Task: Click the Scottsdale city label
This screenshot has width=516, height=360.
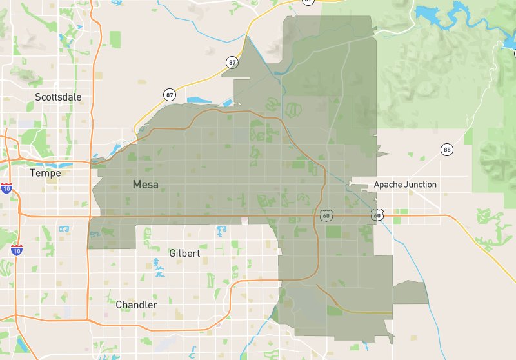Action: click(58, 97)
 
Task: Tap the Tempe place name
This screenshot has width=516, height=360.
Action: click(45, 173)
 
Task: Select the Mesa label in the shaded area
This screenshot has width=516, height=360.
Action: click(145, 185)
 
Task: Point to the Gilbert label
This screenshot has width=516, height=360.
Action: click(184, 254)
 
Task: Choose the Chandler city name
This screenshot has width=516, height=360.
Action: click(136, 305)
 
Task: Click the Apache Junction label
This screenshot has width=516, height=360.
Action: click(405, 185)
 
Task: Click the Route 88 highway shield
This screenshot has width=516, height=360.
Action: click(447, 150)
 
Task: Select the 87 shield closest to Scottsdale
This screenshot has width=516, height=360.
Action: click(169, 95)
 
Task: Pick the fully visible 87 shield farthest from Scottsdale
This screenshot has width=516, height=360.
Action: click(232, 62)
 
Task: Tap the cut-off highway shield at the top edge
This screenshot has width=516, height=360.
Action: click(308, 1)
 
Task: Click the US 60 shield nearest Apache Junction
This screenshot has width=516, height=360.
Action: click(377, 214)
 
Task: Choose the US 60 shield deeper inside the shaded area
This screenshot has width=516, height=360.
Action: click(326, 214)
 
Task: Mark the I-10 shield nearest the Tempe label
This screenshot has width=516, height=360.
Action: click(6, 188)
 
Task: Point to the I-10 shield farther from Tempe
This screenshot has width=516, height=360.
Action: click(17, 249)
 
